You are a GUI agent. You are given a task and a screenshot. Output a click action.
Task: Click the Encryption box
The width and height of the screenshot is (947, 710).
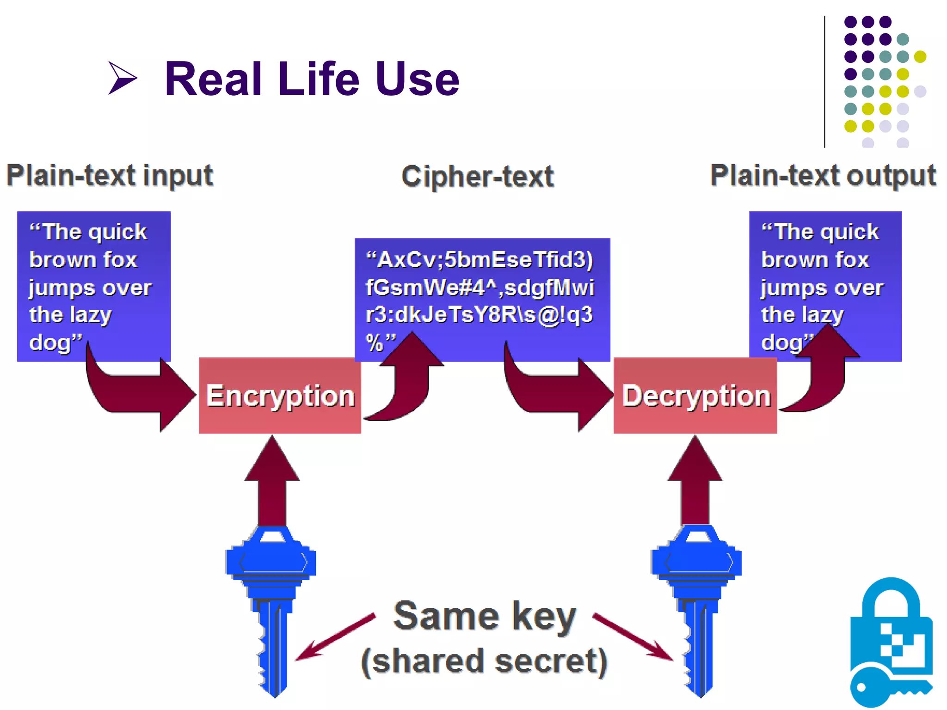point(280,396)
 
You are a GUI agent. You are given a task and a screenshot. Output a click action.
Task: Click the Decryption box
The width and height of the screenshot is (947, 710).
point(695,396)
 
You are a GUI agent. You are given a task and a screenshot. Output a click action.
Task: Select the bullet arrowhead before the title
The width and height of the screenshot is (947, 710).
point(122,78)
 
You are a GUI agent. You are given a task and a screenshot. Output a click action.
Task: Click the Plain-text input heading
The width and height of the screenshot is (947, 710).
point(110,176)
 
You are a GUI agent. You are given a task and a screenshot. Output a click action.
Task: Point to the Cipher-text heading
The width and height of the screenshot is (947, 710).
point(478,177)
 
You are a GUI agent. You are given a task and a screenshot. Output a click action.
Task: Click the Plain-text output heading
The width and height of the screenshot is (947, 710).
point(823,176)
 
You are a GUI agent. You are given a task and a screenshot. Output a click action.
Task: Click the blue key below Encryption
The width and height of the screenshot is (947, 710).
point(272,601)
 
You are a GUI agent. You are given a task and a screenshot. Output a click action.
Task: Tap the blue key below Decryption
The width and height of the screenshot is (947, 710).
point(696,601)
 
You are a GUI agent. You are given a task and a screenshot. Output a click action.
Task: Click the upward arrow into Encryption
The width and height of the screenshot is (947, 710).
point(272,481)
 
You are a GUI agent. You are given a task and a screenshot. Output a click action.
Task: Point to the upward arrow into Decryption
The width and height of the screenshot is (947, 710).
point(695,481)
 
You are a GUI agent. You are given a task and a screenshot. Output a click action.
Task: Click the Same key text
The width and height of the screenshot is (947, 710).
point(485,616)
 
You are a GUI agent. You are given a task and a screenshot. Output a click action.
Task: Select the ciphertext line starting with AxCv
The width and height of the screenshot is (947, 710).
point(480,260)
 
